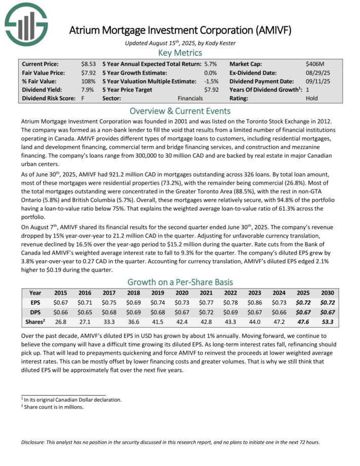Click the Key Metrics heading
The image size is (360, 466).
[180, 53]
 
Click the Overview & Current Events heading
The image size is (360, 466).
[180, 111]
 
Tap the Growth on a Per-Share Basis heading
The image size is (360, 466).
[180, 282]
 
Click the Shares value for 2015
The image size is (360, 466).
[61, 322]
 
